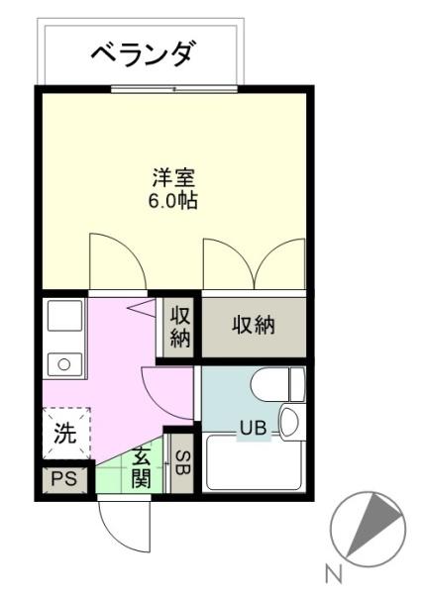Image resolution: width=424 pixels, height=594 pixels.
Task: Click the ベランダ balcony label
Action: pyautogui.click(x=144, y=53)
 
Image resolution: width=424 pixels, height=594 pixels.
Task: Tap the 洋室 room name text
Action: pyautogui.click(x=173, y=177)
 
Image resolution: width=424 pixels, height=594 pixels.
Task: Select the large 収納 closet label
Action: pyautogui.click(x=254, y=325)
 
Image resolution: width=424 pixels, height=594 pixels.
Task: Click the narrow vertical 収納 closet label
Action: pyautogui.click(x=180, y=326)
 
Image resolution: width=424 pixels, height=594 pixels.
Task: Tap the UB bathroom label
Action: pyautogui.click(x=253, y=428)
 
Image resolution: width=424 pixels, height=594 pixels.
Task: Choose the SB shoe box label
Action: pyautogui.click(x=183, y=463)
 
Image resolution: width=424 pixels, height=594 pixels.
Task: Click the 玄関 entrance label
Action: pyautogui.click(x=141, y=468)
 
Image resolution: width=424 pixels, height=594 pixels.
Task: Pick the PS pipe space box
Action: pyautogui.click(x=64, y=479)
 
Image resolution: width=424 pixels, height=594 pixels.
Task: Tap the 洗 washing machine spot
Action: pyautogui.click(x=66, y=434)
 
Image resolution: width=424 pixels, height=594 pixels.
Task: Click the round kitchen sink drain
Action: pyautogui.click(x=64, y=364)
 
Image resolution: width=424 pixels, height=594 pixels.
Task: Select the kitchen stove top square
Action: pyautogui.click(x=64, y=315)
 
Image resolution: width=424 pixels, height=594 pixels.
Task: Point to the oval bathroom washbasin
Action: pyautogui.click(x=288, y=422)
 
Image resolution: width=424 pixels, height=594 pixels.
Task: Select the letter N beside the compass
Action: pyautogui.click(x=334, y=573)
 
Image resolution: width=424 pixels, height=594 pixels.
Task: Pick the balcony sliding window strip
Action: pyautogui.click(x=174, y=89)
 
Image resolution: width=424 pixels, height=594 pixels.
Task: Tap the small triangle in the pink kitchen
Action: pyautogui.click(x=142, y=307)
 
